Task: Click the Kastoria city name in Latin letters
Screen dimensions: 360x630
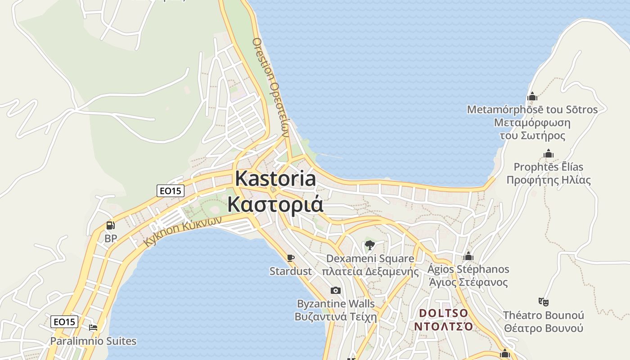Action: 275,179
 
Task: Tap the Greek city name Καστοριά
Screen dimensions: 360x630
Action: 275,204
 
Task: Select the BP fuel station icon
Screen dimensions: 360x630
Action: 110,225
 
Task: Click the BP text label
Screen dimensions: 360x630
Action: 110,238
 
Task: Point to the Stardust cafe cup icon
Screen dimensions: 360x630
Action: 290,258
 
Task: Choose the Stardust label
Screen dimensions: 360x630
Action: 290,271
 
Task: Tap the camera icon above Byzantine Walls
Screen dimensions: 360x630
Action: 336,291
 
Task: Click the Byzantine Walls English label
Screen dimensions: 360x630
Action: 336,303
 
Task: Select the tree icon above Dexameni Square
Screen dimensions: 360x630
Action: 370,245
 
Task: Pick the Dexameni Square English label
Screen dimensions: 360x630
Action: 370,259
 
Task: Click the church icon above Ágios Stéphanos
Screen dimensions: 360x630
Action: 468,256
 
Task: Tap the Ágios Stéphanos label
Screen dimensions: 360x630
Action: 468,269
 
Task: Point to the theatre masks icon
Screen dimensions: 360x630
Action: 543,301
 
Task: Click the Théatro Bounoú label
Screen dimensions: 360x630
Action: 543,315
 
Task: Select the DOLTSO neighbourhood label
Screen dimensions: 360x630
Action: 443,313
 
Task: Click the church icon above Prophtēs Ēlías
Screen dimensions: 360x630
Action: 548,154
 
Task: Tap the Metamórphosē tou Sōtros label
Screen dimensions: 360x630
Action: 532,109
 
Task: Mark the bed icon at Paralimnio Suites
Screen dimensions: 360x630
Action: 93,328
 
